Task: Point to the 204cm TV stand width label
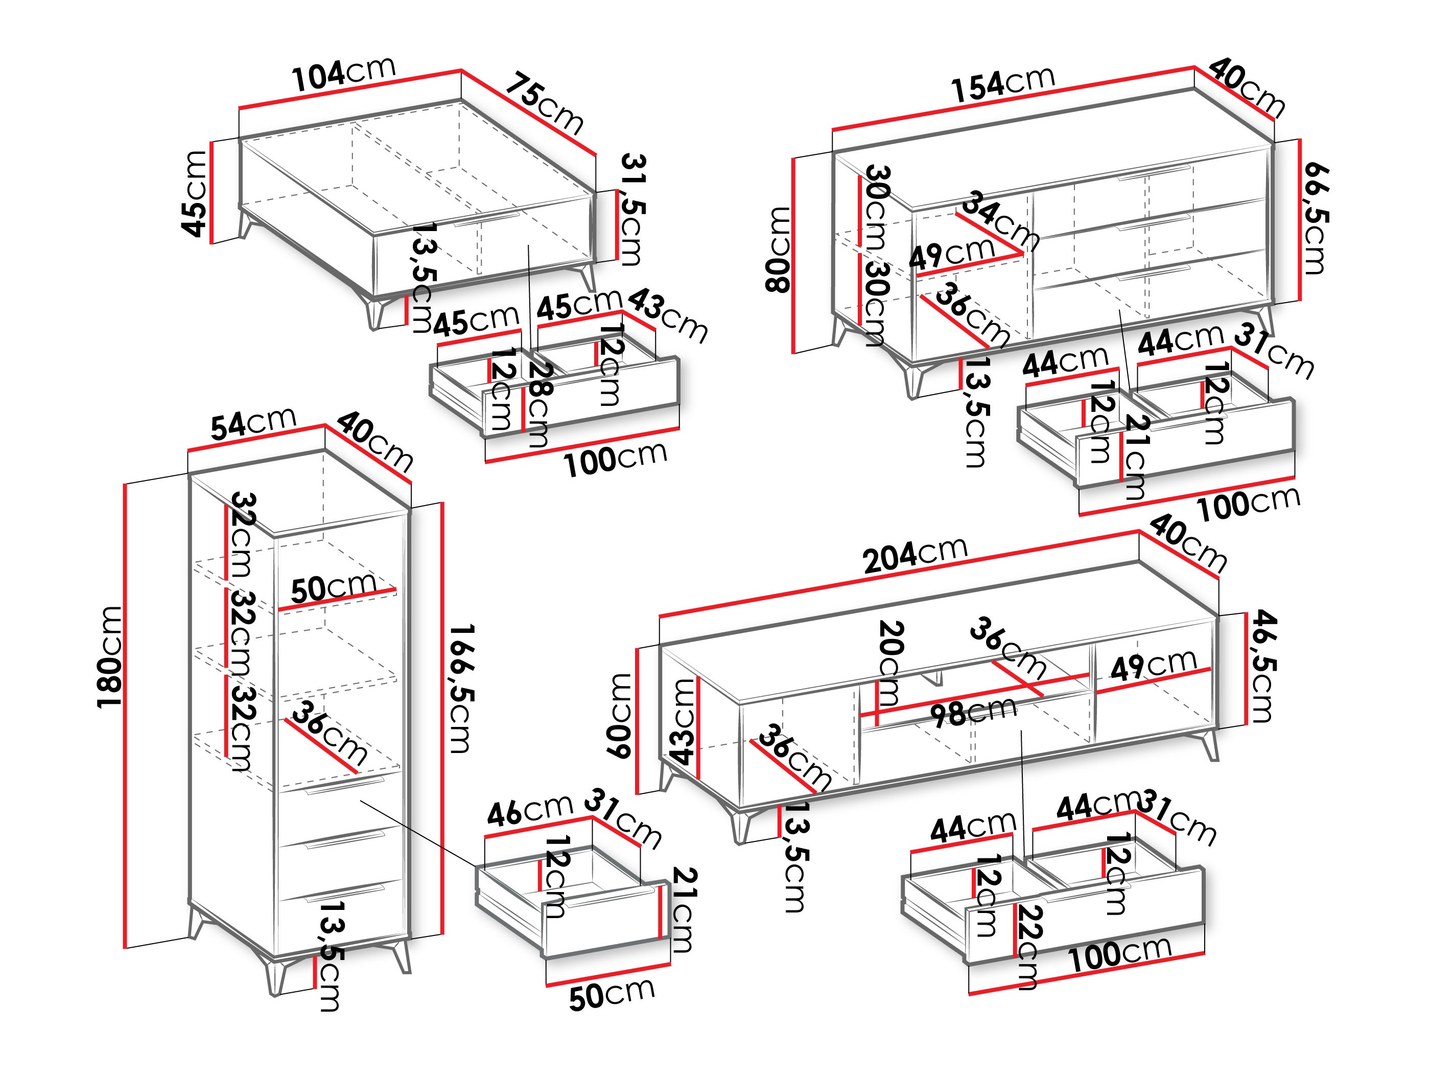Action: tap(915, 555)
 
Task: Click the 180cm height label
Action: tap(109, 657)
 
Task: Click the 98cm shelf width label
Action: tap(973, 712)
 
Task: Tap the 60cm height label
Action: tap(619, 715)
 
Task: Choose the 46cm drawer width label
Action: tap(529, 811)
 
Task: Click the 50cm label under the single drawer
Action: tap(612, 995)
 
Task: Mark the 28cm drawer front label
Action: tap(540, 404)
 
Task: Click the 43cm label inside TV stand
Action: tap(683, 721)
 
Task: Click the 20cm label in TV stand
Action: tap(890, 663)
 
